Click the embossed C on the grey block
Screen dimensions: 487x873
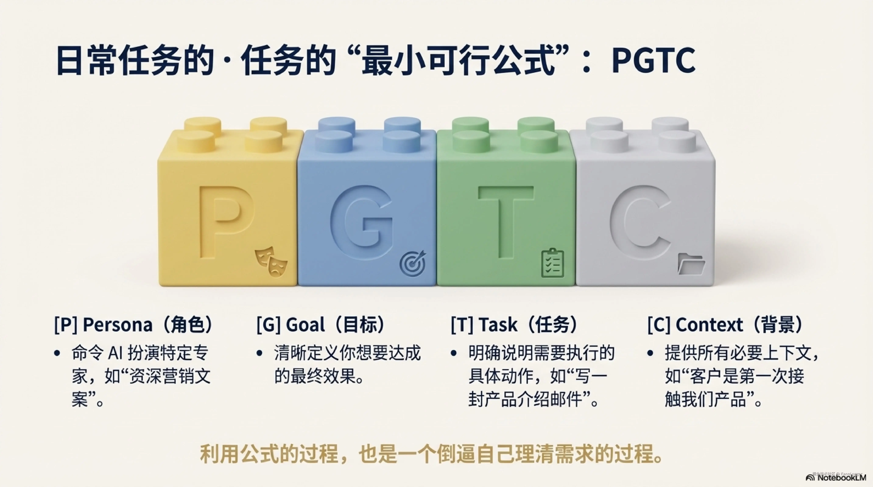(641, 220)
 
